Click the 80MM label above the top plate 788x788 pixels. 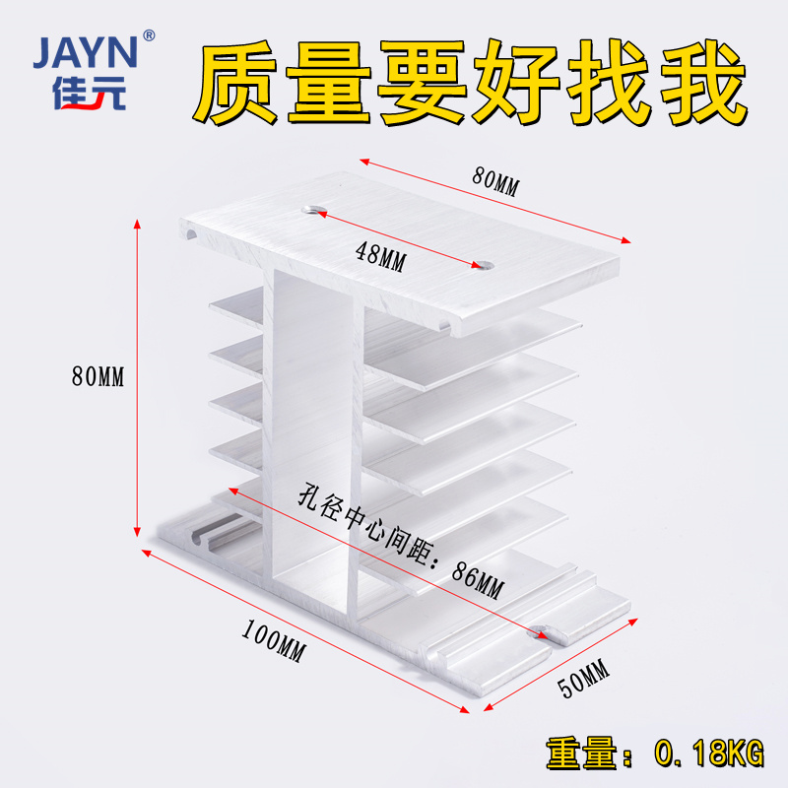click(x=494, y=180)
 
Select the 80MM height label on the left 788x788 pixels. click(x=98, y=376)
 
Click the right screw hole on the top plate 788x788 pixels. click(x=482, y=264)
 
